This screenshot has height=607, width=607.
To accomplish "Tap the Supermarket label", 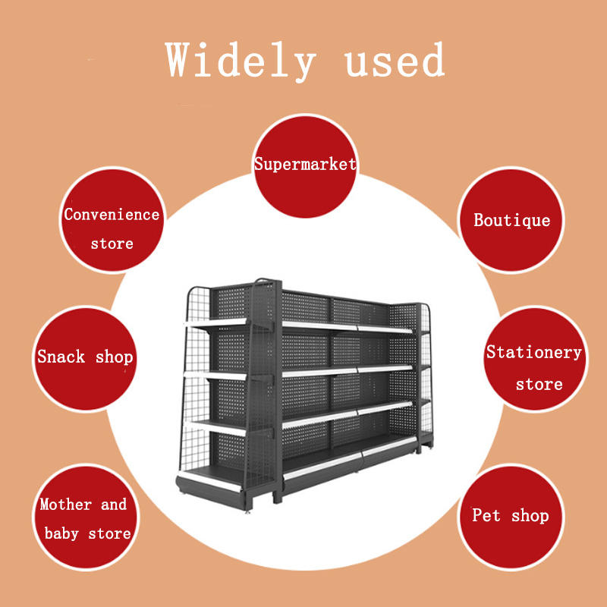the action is coord(305,164).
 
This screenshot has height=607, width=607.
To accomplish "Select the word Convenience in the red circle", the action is coord(112,215).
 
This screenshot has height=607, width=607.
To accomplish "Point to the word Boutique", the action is coord(512,220).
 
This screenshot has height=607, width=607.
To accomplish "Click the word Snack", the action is coord(61,357).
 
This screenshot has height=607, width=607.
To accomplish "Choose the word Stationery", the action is coord(533,352).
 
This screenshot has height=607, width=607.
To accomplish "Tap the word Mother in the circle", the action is coord(65,505).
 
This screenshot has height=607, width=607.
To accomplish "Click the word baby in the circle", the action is coord(61,533).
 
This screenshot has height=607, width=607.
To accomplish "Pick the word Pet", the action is coord(486,516).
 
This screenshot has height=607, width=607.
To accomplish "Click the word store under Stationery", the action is coord(539,384).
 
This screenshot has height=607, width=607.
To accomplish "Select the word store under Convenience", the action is coord(112,244).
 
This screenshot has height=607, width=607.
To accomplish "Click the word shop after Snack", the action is coord(114,357).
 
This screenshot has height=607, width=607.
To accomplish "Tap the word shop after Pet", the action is coord(530,516).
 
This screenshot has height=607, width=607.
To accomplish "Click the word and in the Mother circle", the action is coord(113,505).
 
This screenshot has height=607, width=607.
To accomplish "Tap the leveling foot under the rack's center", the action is coord(248,512).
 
